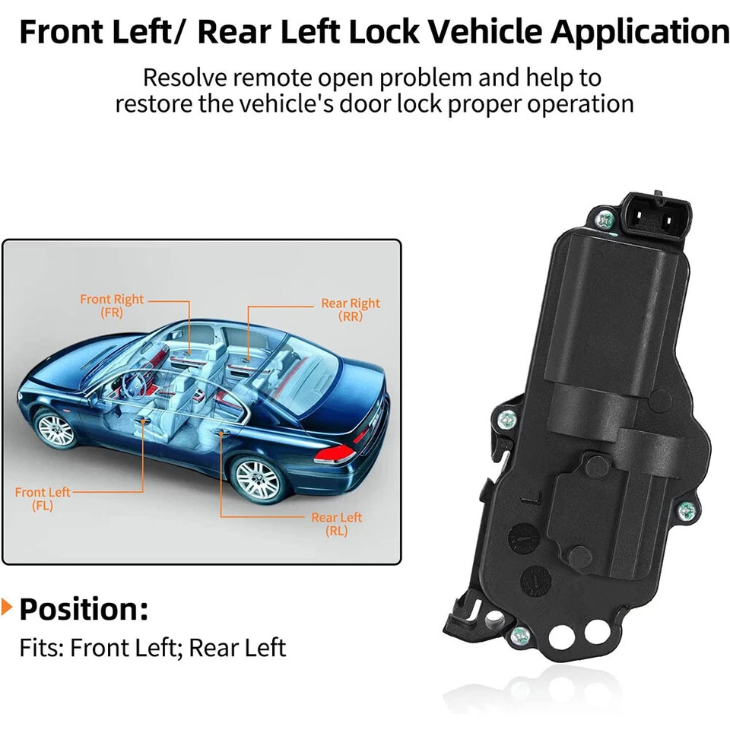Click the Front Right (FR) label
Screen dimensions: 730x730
tap(112, 306)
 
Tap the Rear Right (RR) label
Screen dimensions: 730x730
tap(350, 309)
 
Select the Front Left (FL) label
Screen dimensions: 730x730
tap(43, 499)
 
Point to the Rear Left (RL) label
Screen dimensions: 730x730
tap(336, 525)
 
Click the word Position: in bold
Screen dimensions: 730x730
tap(84, 609)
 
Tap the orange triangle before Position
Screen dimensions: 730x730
tap(7, 608)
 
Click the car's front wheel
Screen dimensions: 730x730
tap(56, 430)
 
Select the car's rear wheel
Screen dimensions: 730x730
tap(256, 478)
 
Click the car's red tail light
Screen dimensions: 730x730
tap(335, 454)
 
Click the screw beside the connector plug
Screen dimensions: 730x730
tap(606, 220)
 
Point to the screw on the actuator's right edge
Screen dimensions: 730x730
tap(687, 509)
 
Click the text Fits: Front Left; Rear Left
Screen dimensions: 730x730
tap(152, 648)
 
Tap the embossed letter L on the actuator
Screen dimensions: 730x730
tap(537, 500)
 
